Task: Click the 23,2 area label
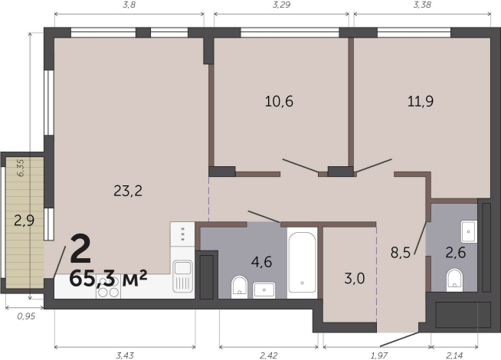128,191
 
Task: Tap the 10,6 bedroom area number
279,101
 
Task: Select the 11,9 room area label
421,101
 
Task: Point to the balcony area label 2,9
25,221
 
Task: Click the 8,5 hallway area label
401,253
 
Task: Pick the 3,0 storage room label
355,279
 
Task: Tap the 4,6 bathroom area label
261,262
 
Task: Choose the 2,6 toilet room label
456,253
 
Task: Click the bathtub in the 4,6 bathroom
303,262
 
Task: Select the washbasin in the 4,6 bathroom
264,290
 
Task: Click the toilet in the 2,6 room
454,279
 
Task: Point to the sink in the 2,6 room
469,231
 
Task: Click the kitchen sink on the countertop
183,277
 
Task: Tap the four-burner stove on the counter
109,286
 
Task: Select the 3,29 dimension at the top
281,5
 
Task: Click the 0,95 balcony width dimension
26,316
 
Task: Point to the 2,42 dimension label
269,355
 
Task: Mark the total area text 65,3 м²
108,279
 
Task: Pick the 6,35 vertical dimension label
21,168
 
